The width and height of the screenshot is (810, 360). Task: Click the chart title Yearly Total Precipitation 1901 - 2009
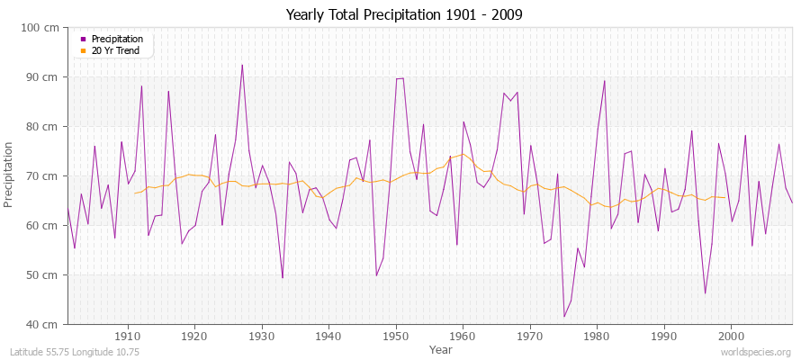404,14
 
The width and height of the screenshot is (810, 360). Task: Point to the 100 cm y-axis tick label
41,28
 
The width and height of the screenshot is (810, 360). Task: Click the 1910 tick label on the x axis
128,336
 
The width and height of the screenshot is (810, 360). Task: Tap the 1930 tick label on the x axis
262,336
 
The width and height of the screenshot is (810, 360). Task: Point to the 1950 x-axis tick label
396,336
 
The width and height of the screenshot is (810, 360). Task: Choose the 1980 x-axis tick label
597,336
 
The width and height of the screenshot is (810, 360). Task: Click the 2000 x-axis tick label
731,336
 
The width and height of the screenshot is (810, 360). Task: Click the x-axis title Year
441,349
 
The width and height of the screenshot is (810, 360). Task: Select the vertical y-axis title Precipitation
10,175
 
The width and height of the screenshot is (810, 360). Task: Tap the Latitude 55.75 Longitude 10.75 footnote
76,352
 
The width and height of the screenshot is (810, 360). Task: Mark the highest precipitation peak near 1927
242,65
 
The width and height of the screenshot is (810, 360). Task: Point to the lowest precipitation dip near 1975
564,316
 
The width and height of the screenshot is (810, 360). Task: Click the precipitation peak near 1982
604,81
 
